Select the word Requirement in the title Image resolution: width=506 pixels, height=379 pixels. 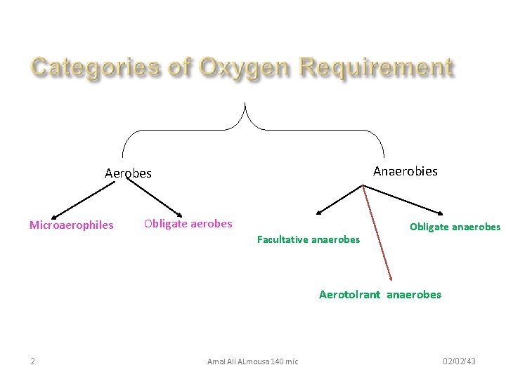pyautogui.click(x=376, y=68)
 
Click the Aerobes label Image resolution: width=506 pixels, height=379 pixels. pyautogui.click(x=128, y=173)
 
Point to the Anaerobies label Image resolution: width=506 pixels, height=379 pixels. pyautogui.click(x=405, y=171)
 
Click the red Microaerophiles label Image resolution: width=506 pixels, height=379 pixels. pyautogui.click(x=71, y=225)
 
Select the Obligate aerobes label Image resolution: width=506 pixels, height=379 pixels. pyautogui.click(x=188, y=224)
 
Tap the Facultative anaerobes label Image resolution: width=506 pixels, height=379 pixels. pyautogui.click(x=308, y=239)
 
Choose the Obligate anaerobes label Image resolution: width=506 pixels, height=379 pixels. pyautogui.click(x=455, y=227)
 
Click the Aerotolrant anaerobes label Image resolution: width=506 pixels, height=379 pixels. pyautogui.click(x=380, y=295)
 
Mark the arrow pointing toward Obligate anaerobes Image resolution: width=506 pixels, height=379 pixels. pyautogui.click(x=403, y=199)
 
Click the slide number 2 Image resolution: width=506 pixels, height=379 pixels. pyautogui.click(x=33, y=361)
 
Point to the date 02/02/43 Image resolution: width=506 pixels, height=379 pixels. pyautogui.click(x=459, y=361)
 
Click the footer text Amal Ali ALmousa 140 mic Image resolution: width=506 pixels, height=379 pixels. pyautogui.click(x=252, y=361)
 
